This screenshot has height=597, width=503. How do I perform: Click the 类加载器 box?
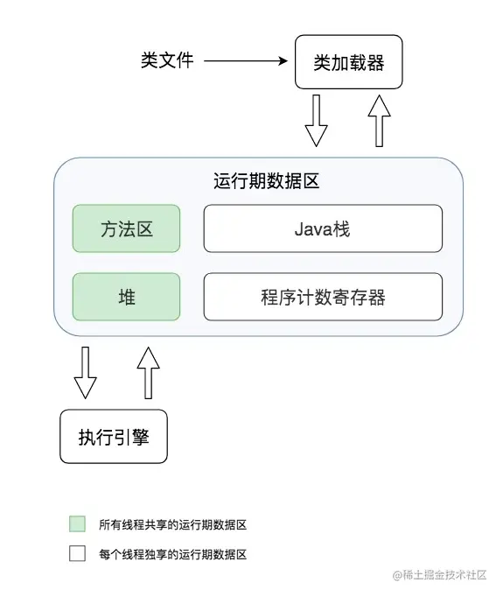click(348, 62)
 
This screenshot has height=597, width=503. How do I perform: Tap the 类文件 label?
click(167, 60)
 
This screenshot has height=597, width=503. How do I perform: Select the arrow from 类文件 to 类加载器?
click(246, 61)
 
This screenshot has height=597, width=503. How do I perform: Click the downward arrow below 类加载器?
click(316, 121)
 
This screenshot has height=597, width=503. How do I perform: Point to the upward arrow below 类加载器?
click(379, 121)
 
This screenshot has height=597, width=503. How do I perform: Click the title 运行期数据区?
click(266, 181)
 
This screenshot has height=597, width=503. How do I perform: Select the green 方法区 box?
click(126, 228)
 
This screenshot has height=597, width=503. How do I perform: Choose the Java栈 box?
click(323, 228)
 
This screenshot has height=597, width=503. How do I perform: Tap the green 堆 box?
click(126, 297)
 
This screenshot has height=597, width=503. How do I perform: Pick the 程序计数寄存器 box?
click(323, 297)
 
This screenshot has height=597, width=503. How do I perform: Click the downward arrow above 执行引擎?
click(85, 373)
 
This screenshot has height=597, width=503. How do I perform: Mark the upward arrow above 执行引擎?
click(149, 373)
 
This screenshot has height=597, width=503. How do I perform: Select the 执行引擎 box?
click(114, 436)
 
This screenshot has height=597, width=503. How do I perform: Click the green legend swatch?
click(77, 523)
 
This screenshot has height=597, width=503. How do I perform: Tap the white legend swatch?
click(77, 553)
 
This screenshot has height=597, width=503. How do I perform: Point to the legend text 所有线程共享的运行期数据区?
click(172, 524)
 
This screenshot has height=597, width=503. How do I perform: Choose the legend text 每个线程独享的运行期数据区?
click(172, 554)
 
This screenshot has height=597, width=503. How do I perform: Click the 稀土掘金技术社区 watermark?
click(439, 575)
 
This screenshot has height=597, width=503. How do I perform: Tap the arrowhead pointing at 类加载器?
click(283, 61)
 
